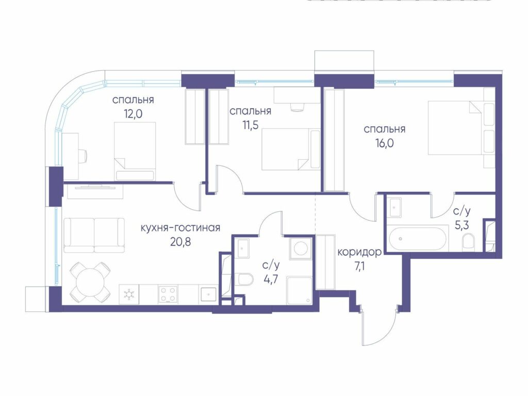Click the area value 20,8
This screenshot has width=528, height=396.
180,241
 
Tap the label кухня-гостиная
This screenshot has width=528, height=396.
180,228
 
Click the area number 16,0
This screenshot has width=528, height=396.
385,143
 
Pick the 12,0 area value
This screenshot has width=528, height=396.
133,114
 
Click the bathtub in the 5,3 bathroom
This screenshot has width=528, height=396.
418,238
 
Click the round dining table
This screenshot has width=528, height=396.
90,282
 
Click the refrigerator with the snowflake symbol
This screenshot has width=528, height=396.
128,294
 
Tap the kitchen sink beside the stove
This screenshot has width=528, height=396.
209,294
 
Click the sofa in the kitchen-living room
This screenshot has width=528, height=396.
94,235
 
